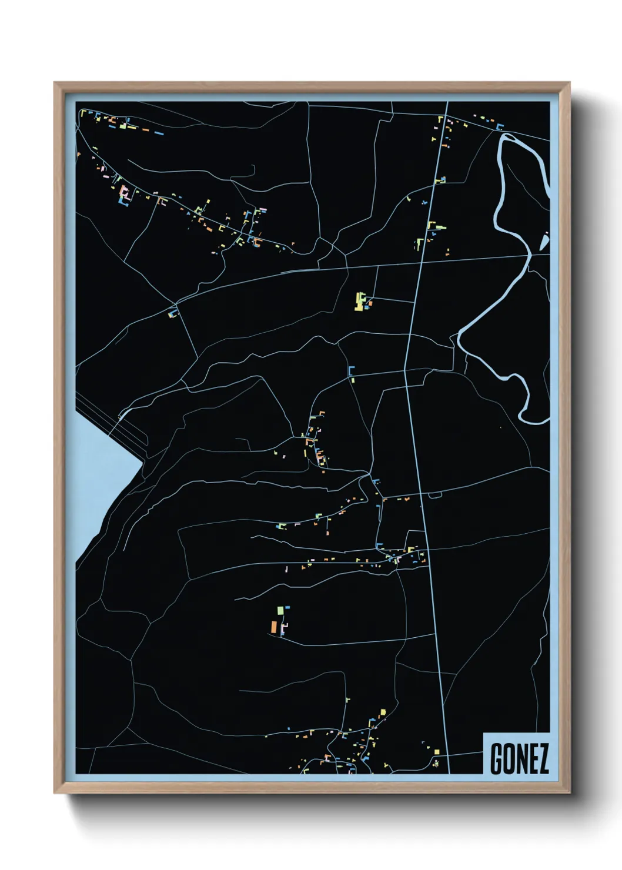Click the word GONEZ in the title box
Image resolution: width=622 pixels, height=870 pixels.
[x=519, y=759]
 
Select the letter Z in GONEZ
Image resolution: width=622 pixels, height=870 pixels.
[x=542, y=759]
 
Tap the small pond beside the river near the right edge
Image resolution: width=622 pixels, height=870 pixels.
[x=544, y=242]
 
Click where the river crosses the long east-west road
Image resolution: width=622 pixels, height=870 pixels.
[x=527, y=255]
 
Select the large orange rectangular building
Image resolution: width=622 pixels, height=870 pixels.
[x=274, y=626]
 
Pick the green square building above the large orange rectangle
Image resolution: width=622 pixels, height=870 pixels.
[x=280, y=611]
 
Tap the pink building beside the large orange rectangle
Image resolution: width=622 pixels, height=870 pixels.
[x=284, y=629]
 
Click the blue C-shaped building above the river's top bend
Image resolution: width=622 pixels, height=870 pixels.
[x=500, y=126]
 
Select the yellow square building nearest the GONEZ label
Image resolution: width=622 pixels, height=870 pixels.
[x=436, y=752]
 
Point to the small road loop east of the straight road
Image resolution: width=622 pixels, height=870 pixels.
[x=435, y=496]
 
